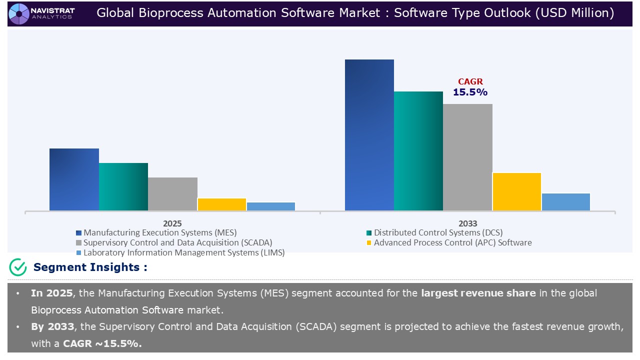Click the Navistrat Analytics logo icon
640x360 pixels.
[x=19, y=13]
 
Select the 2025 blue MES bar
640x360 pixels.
[x=74, y=179]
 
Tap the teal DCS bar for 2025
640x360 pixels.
[x=123, y=186]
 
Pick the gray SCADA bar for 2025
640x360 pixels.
[x=172, y=194]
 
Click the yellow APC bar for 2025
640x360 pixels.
[x=221, y=204]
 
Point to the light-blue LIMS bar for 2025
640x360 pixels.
[x=271, y=206]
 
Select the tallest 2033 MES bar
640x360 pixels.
[x=369, y=135]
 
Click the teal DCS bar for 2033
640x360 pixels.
[x=418, y=151]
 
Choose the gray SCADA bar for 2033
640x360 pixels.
[x=467, y=157]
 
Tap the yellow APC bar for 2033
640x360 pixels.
[x=517, y=191]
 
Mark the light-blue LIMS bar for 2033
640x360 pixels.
[x=566, y=202]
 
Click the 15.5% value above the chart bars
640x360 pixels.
[x=470, y=92]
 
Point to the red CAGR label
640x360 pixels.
[x=470, y=82]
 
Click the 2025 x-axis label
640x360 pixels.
[x=172, y=223]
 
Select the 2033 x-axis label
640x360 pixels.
[x=467, y=223]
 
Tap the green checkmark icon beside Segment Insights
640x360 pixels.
[x=18, y=267]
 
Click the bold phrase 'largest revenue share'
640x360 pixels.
[x=478, y=293]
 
